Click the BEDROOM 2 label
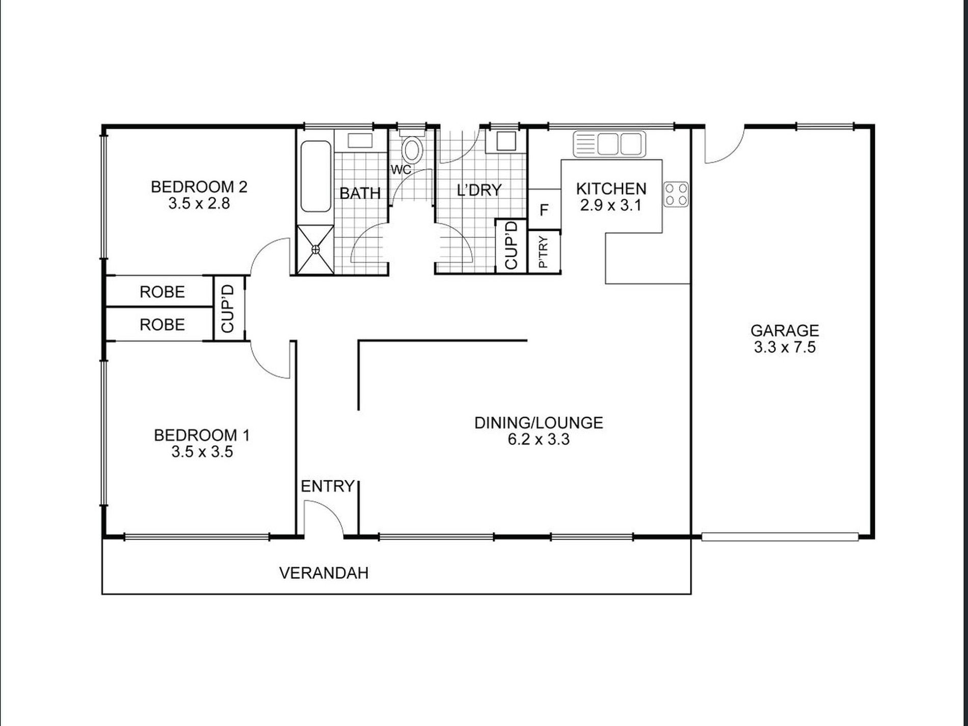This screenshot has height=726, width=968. tap(199, 187)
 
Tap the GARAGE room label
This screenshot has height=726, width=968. tap(785, 331)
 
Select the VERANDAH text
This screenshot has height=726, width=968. tap(324, 573)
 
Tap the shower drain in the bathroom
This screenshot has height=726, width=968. tap(315, 249)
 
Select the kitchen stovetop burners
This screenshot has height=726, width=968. tap(676, 194)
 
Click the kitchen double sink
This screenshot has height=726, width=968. tap(609, 144)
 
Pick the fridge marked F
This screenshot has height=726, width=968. tap(544, 209)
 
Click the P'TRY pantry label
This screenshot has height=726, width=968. tap(544, 252)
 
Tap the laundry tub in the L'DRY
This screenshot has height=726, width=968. tap(506, 141)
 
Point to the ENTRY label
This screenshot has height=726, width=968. tap(328, 486)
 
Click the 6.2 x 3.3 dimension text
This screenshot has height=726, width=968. tap(539, 439)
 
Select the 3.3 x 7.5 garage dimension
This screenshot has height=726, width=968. tap(785, 347)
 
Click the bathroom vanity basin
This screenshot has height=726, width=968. tap(360, 141)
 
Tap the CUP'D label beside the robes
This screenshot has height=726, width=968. tap(228, 309)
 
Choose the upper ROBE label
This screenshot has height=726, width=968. tap(162, 292)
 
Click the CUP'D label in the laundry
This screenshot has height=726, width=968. tap(511, 245)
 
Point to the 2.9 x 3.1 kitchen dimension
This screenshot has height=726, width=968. tap(610, 206)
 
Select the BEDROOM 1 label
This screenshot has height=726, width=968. tap(202, 435)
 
